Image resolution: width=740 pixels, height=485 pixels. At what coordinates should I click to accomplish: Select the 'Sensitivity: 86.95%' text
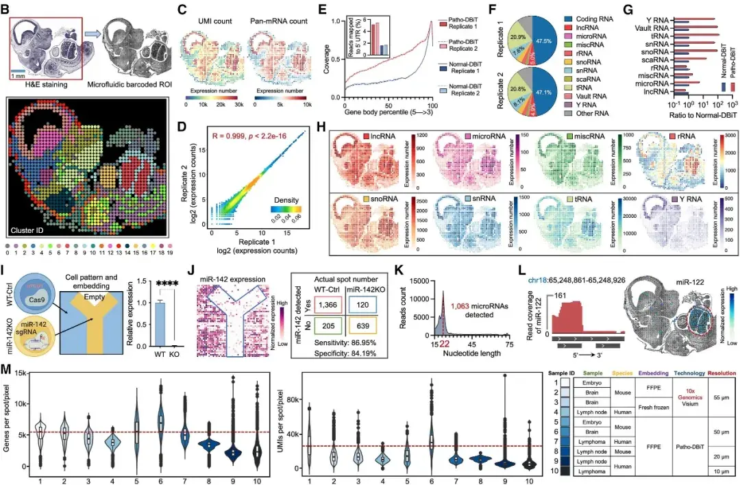pos(335,336)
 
